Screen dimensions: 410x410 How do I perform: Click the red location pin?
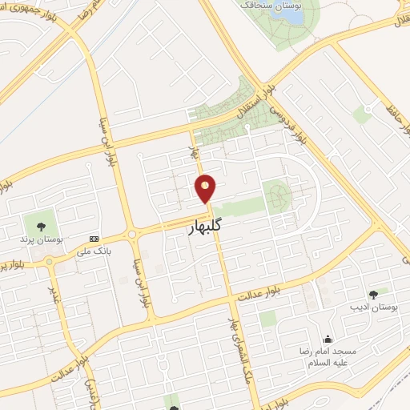tap(206, 189)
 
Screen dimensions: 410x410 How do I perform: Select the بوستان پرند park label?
tap(38, 238)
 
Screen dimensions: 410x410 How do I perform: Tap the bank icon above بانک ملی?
tap(95, 239)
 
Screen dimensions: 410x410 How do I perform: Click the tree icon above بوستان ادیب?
tap(373, 294)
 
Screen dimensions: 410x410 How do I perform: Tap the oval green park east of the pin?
tap(278, 193)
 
